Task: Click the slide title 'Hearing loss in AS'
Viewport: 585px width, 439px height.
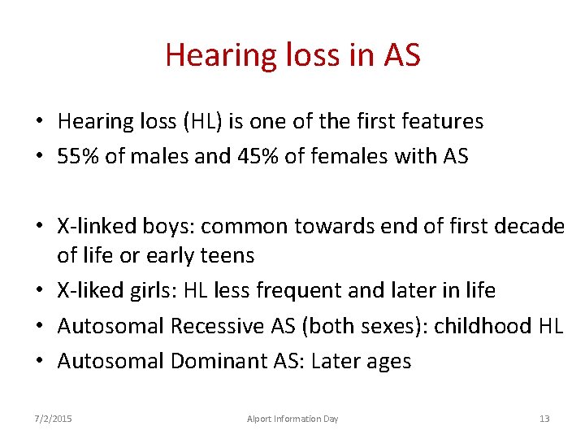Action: pyautogui.click(x=292, y=55)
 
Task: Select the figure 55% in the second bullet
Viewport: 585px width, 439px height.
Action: pyautogui.click(x=79, y=156)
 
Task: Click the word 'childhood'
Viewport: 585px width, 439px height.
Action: pyautogui.click(x=483, y=326)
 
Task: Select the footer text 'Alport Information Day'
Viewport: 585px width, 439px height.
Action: pyautogui.click(x=292, y=419)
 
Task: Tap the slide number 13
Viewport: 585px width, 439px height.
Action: pyautogui.click(x=544, y=419)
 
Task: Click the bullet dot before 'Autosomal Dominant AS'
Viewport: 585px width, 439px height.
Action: pyautogui.click(x=39, y=361)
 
